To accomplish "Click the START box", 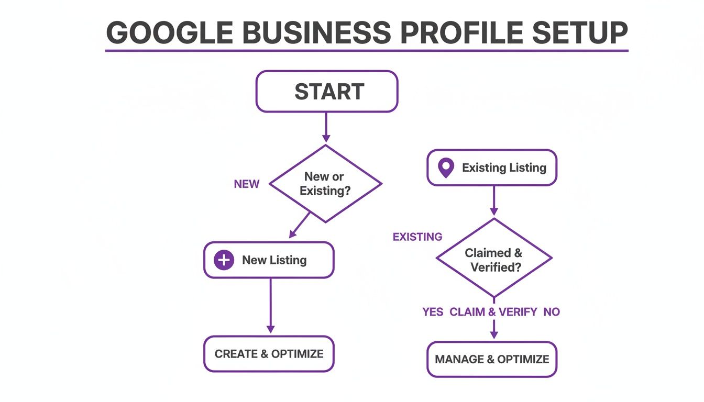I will point(327,92).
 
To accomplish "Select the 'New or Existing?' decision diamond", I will point(325,184).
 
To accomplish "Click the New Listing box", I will point(269,260).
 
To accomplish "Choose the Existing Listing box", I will point(492,168).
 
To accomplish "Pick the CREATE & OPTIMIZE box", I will point(269,354).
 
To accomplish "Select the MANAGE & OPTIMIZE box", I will point(492,360).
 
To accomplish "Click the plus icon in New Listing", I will point(224,260).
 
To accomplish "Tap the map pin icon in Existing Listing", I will point(446,168).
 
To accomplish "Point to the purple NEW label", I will point(247,184).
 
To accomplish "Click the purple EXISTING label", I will point(417,237).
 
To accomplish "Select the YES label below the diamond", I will point(433,312).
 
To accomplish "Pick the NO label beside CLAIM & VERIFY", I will point(552,312).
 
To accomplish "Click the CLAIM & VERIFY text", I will point(493,312).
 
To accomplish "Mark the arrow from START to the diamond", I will point(326,127).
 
